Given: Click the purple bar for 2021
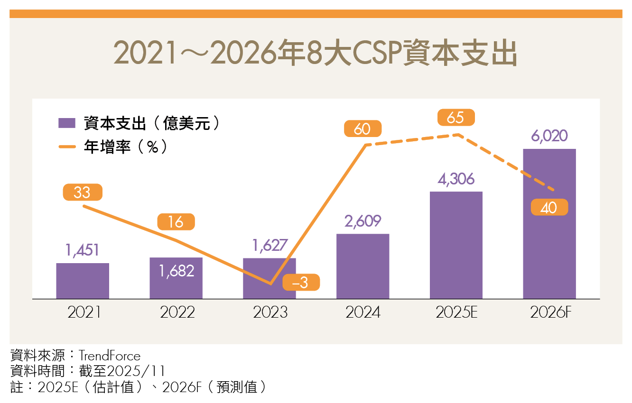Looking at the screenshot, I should click(83, 281).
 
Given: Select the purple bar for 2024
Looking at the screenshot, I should click(362, 266).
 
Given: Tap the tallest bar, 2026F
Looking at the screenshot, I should click(549, 223).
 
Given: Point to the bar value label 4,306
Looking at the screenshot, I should click(456, 179).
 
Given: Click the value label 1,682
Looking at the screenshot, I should click(177, 271).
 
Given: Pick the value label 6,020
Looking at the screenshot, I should click(549, 136).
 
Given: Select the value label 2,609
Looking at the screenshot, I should click(362, 221).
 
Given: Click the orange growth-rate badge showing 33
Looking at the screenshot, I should click(82, 192).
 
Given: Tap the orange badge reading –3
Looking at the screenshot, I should click(301, 283).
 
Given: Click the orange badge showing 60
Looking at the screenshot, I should click(362, 129).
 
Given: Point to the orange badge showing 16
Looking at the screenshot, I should click(176, 222).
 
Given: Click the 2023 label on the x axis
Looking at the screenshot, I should click(270, 313).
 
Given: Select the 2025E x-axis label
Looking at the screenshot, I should click(457, 313).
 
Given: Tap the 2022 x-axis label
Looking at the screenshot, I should click(177, 313).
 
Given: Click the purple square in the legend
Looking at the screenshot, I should click(67, 123).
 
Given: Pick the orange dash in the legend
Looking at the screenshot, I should click(67, 147).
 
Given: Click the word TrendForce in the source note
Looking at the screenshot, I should click(110, 356).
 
